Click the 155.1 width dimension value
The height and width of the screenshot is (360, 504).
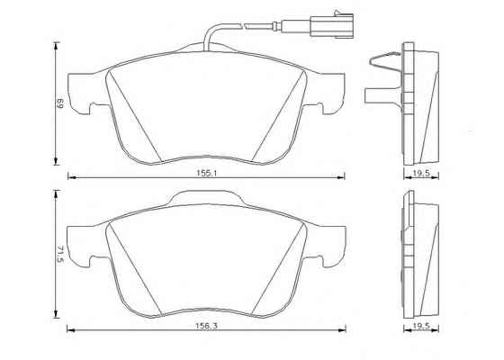click(x=207, y=173)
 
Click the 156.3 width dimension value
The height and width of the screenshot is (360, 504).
click(x=207, y=326)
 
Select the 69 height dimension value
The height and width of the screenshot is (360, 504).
click(x=59, y=103)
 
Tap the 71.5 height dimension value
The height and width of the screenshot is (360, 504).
click(x=60, y=254)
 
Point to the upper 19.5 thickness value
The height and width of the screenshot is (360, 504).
click(x=421, y=173)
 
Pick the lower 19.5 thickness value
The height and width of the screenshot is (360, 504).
click(x=421, y=326)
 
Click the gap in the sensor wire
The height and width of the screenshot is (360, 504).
click(x=243, y=24)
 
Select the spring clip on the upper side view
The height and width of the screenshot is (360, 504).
click(x=386, y=61)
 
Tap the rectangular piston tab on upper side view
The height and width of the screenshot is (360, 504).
click(x=383, y=95)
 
